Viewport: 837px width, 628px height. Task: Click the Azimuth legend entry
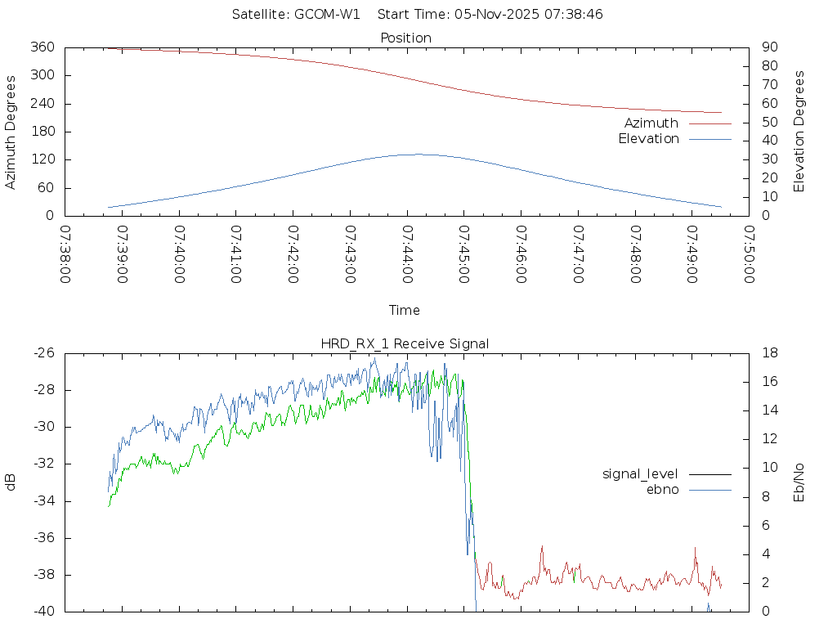[x=651, y=123]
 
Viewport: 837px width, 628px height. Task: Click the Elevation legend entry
[x=648, y=139]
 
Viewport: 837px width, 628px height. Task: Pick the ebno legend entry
[x=662, y=489]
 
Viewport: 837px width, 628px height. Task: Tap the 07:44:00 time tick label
[x=407, y=254]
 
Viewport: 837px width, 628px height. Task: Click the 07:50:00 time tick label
[x=749, y=254]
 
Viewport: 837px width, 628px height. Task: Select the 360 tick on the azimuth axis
[x=43, y=47]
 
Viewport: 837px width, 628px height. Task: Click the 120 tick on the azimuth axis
[x=43, y=159]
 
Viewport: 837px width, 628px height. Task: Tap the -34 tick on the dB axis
[x=43, y=501]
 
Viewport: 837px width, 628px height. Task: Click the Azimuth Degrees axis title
[x=11, y=132]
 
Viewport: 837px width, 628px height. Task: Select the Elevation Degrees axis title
[x=799, y=132]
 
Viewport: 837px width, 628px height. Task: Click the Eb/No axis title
[x=799, y=482]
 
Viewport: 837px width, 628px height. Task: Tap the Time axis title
[x=405, y=311]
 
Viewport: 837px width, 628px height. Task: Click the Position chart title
[x=406, y=38]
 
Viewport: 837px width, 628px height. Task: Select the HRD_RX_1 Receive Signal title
[x=405, y=343]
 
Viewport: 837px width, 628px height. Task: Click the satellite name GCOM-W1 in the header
[x=327, y=14]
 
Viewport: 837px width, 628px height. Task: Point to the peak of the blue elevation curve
[x=418, y=154]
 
